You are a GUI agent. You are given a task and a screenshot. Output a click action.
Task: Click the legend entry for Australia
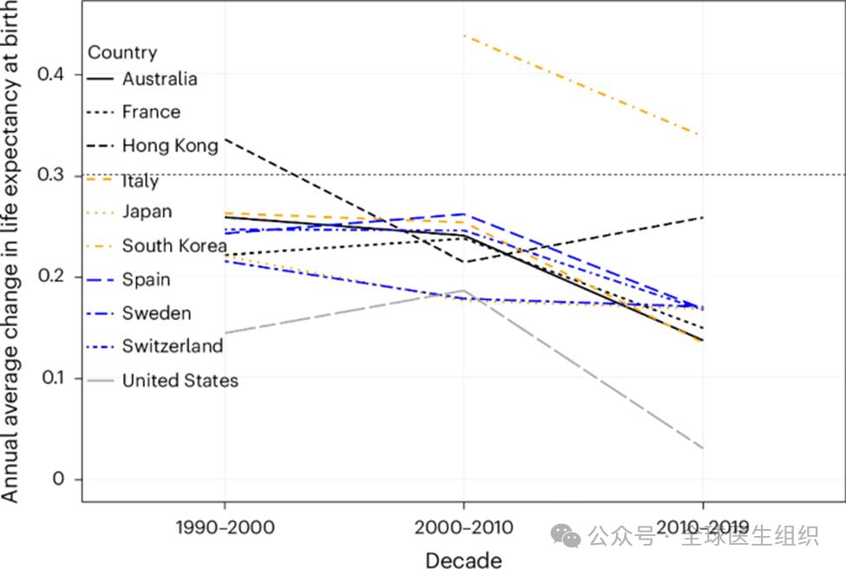(x=160, y=79)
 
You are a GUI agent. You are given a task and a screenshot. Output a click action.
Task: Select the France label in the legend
(x=151, y=112)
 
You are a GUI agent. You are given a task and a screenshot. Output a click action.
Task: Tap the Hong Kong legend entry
(x=170, y=146)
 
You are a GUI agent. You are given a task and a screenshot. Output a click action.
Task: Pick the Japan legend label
(x=147, y=212)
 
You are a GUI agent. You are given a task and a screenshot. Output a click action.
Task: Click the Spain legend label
(x=146, y=279)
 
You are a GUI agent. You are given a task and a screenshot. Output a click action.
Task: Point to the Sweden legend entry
(x=156, y=313)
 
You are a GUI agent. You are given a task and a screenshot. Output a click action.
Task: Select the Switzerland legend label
(x=172, y=346)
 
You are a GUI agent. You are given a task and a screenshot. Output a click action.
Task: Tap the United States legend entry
(x=180, y=380)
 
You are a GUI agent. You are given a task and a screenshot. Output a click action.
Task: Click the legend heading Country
(x=122, y=53)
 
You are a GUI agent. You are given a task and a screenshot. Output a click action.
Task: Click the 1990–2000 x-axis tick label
(x=226, y=527)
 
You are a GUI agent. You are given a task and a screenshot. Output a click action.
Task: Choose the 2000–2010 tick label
(x=463, y=527)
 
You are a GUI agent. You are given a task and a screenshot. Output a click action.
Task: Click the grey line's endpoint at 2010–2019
(x=702, y=448)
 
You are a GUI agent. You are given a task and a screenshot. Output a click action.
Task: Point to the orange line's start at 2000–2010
(x=463, y=36)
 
